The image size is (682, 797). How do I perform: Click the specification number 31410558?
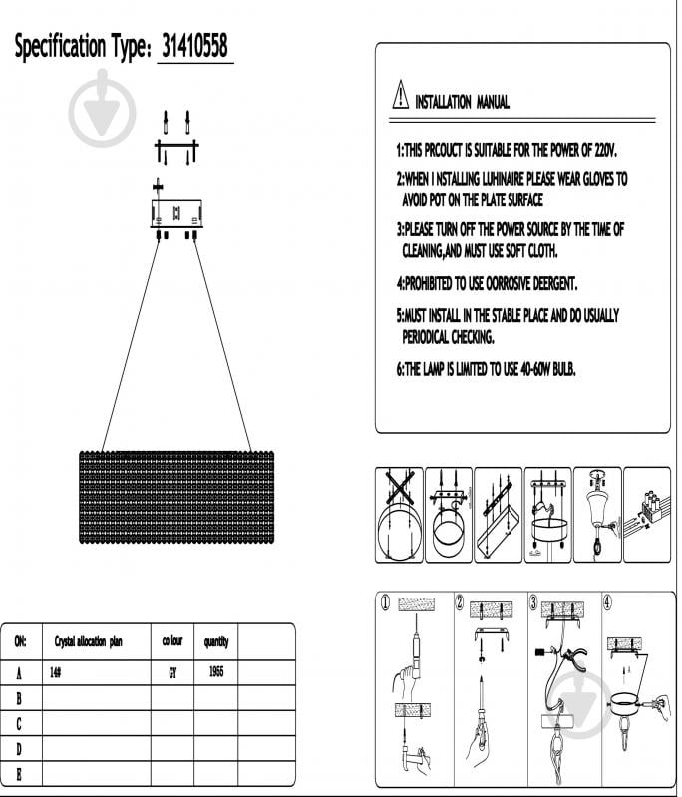195,47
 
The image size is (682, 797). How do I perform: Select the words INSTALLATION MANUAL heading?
462,102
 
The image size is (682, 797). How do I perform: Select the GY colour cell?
172,672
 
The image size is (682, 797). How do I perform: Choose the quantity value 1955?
216,672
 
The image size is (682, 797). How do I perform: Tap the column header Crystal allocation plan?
88,641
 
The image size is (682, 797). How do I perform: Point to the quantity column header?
216,641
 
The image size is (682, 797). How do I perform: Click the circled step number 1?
385,601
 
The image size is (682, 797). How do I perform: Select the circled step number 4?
608,601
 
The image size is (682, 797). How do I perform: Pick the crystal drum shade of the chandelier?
175,497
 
